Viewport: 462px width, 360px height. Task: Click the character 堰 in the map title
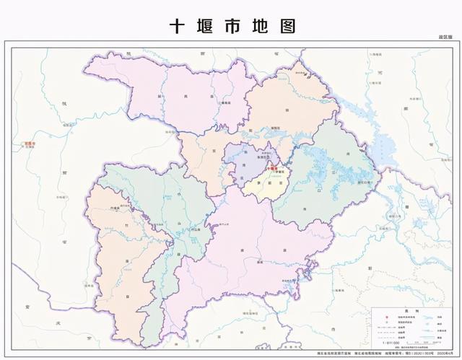click(x=205, y=26)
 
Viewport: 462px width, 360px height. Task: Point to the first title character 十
click(x=178, y=26)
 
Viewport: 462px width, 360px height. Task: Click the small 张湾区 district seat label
click(x=255, y=162)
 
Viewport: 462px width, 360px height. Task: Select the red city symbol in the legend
click(x=378, y=315)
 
